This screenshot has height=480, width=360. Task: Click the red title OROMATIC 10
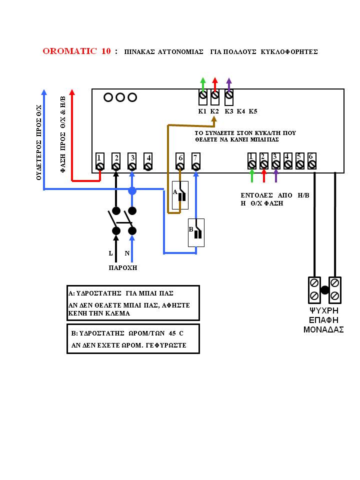click(76, 51)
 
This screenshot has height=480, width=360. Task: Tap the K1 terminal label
click(202, 111)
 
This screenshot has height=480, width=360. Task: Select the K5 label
click(253, 111)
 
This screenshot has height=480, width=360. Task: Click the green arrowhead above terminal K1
click(202, 81)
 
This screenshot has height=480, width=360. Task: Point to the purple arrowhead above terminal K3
click(229, 81)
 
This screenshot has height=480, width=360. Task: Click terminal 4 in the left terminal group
click(148, 161)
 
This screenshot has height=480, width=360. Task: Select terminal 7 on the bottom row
click(196, 161)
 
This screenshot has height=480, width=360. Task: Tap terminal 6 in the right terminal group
click(311, 161)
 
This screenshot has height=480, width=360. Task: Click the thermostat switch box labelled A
click(180, 195)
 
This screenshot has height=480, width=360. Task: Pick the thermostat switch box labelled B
click(196, 232)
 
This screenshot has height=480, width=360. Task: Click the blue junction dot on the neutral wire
click(132, 190)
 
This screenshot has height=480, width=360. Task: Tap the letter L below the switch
click(111, 253)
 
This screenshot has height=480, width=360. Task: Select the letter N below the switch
click(127, 253)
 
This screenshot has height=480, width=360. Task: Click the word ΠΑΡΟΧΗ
click(123, 268)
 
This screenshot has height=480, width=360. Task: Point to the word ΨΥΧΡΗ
click(324, 310)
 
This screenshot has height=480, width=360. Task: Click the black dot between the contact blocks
click(325, 290)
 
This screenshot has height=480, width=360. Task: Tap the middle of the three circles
click(120, 97)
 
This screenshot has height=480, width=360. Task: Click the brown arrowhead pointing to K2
click(214, 121)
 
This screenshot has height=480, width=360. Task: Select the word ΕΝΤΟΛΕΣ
click(256, 195)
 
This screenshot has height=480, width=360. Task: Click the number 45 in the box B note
click(172, 333)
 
